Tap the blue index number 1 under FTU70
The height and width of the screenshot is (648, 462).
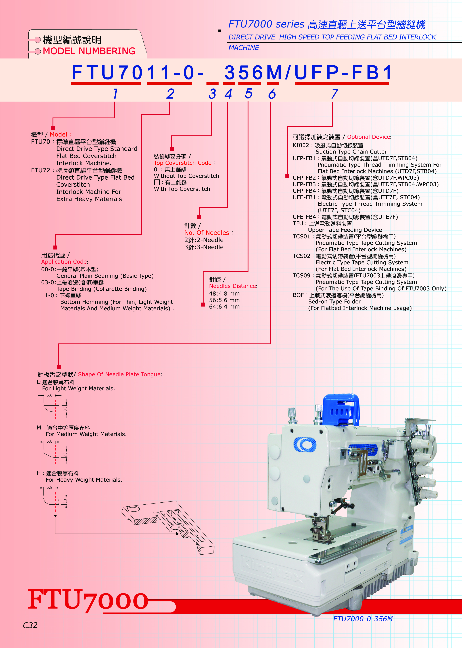tap(115, 94)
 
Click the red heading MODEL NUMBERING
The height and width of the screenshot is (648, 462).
tap(89, 51)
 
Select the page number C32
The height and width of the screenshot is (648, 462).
tap(30, 625)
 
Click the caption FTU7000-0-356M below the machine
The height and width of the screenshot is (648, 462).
tap(363, 619)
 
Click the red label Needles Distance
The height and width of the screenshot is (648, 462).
tap(232, 286)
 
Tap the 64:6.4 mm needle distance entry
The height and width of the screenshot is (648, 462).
tap(224, 307)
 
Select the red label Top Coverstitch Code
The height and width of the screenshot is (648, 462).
tap(183, 163)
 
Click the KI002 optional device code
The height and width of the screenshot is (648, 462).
tap(301, 145)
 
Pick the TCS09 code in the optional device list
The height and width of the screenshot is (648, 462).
tap(301, 276)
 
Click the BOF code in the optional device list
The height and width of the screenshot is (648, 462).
tap(298, 295)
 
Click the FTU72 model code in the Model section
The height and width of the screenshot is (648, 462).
tap(40, 170)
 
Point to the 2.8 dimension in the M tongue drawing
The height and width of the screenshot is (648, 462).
tap(65, 455)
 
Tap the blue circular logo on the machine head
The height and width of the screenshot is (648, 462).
tap(305, 444)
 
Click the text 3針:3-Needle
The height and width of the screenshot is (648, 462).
tap(204, 247)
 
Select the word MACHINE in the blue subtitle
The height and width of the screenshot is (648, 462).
tap(244, 48)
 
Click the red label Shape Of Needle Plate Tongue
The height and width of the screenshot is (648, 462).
tap(120, 374)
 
